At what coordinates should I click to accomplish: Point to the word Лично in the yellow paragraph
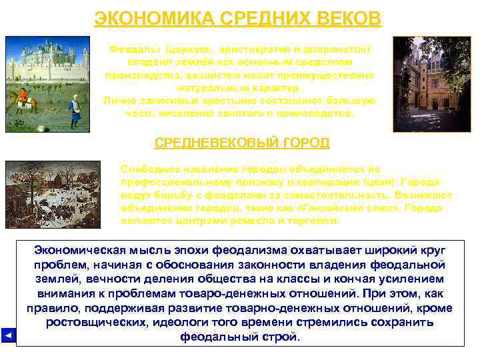coord(119,100)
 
